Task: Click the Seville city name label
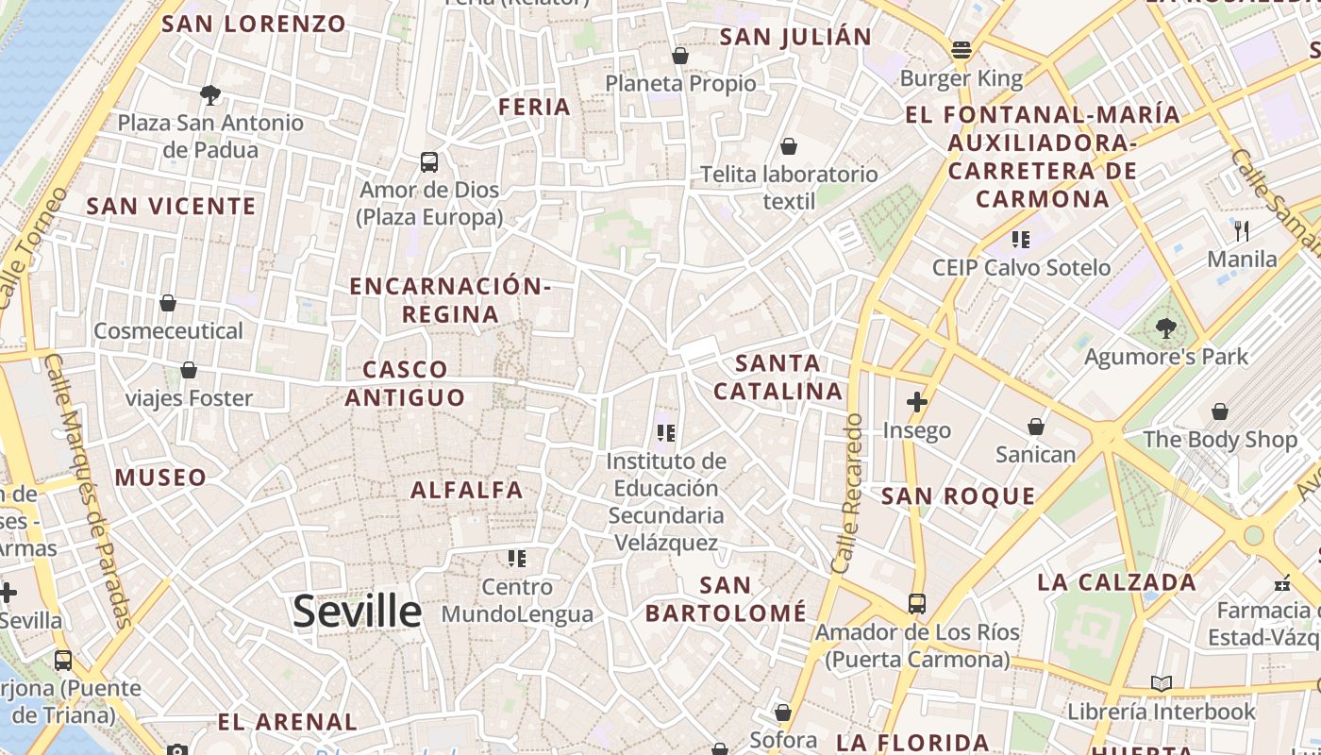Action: [x=357, y=612]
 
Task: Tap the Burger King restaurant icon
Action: [x=961, y=49]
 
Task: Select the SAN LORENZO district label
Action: [x=254, y=24]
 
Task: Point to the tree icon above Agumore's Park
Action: [x=1166, y=328]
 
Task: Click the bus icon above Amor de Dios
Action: [x=429, y=161]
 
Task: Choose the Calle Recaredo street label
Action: [x=848, y=493]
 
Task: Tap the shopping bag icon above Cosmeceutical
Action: [x=168, y=303]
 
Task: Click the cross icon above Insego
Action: [x=916, y=402]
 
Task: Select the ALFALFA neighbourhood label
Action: [x=466, y=490]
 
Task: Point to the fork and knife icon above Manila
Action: [x=1242, y=230]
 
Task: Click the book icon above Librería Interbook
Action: [x=1162, y=683]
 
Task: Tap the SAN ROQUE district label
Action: [x=958, y=496]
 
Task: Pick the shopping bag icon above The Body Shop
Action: [x=1220, y=411]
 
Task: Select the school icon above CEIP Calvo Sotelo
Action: [x=1020, y=239]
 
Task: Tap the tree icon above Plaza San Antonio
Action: [x=210, y=94]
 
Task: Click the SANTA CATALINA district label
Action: [x=778, y=377]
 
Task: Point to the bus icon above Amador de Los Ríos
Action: [x=916, y=603]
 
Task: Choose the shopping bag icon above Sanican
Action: [x=1036, y=427]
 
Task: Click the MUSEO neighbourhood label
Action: [x=160, y=478]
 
